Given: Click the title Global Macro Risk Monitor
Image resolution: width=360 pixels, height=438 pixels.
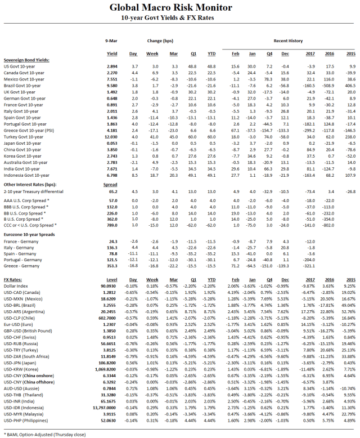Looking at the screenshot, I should tap(179, 8).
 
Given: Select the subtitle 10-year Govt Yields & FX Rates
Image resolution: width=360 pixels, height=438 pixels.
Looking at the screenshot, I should tap(179, 19).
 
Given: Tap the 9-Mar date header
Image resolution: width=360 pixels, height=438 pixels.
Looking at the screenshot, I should tap(112, 41).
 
